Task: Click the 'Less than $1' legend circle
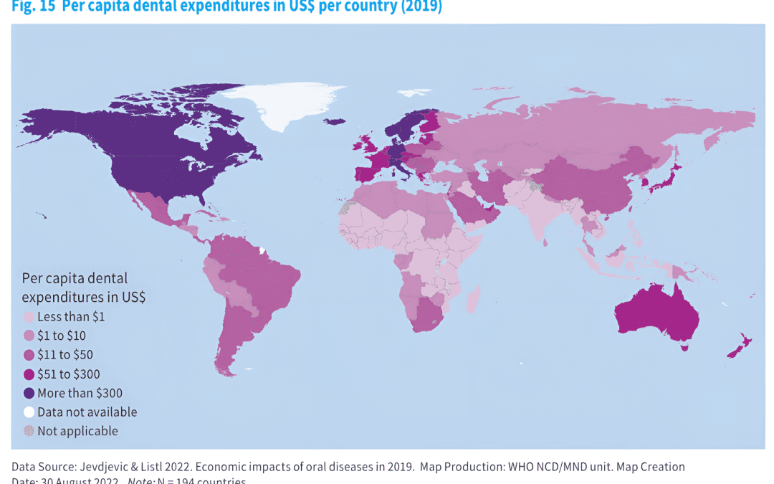(x=29, y=316)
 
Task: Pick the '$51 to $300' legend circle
(x=29, y=374)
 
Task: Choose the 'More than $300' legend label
(x=80, y=393)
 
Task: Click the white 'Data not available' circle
(x=29, y=412)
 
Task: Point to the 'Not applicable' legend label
(x=77, y=431)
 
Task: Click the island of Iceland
(x=335, y=121)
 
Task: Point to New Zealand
(x=738, y=347)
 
